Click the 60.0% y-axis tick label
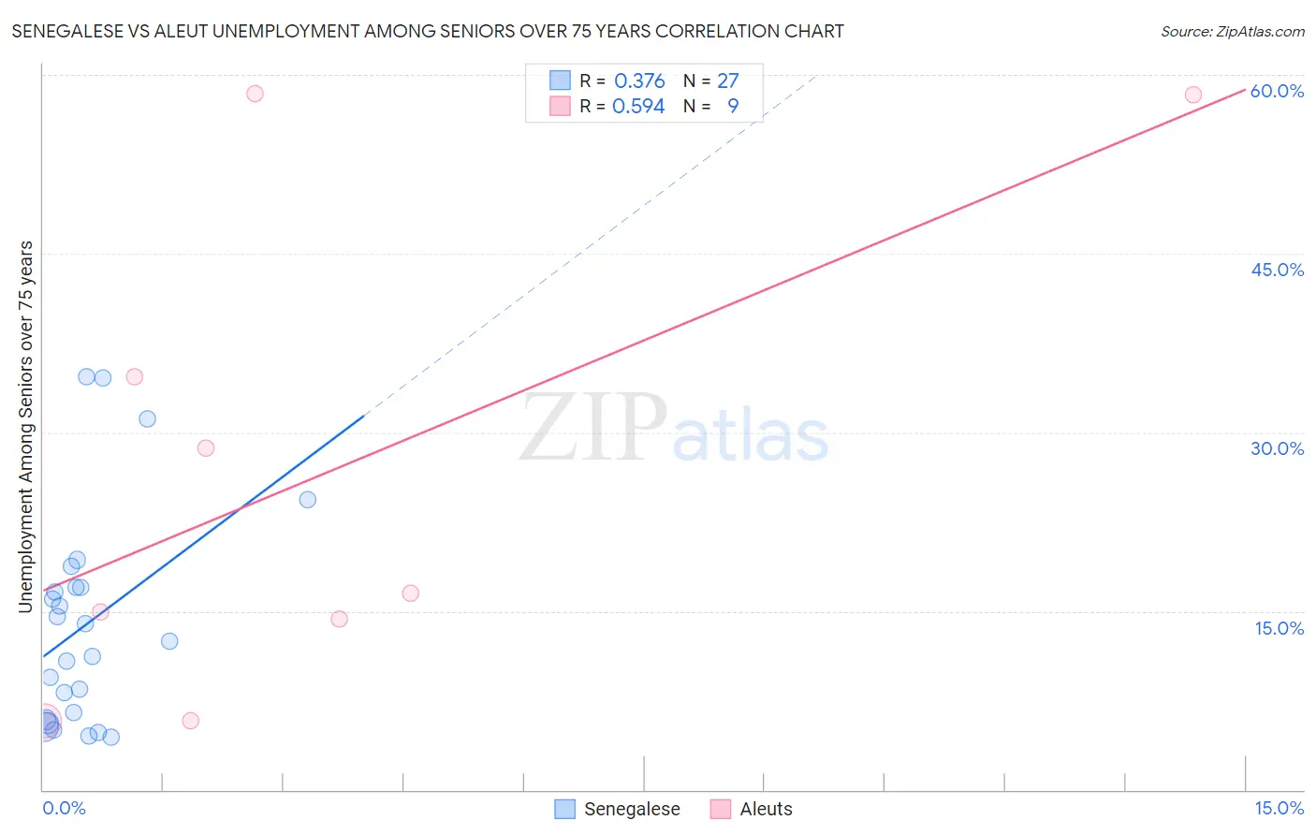(x=1277, y=91)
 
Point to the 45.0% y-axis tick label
(x=1277, y=270)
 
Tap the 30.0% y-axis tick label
(x=1277, y=448)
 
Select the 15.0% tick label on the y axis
(x=1279, y=628)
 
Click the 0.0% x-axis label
(x=64, y=808)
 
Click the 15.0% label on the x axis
(x=1279, y=808)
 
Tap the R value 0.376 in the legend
(x=639, y=81)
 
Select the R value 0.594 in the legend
(x=638, y=107)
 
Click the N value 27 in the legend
(x=727, y=81)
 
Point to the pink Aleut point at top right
(x=1192, y=95)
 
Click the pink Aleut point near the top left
(x=255, y=94)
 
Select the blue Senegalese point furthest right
(x=307, y=499)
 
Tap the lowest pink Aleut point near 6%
(x=190, y=720)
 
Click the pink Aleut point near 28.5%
(x=206, y=447)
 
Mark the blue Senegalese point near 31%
(x=147, y=418)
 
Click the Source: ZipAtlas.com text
(x=1232, y=31)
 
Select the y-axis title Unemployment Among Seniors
(x=26, y=427)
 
